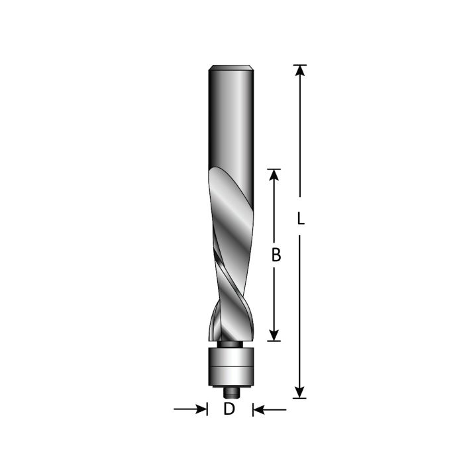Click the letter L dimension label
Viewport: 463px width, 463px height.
click(300, 218)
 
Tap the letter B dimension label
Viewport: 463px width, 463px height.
click(276, 255)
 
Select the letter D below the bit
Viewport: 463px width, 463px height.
click(229, 409)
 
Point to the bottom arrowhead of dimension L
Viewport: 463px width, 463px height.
click(300, 391)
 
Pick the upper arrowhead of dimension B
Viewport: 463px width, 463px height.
click(274, 175)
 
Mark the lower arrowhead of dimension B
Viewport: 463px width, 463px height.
click(274, 335)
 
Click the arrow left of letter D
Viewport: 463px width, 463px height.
click(199, 409)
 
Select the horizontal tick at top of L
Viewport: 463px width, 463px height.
click(300, 65)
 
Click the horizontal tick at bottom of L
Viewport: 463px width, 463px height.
click(300, 398)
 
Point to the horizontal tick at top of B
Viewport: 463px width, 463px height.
click(274, 169)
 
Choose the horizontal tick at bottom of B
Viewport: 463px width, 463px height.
click(274, 341)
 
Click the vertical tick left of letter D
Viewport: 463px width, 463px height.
click(207, 409)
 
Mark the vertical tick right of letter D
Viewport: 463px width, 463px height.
click(252, 409)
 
